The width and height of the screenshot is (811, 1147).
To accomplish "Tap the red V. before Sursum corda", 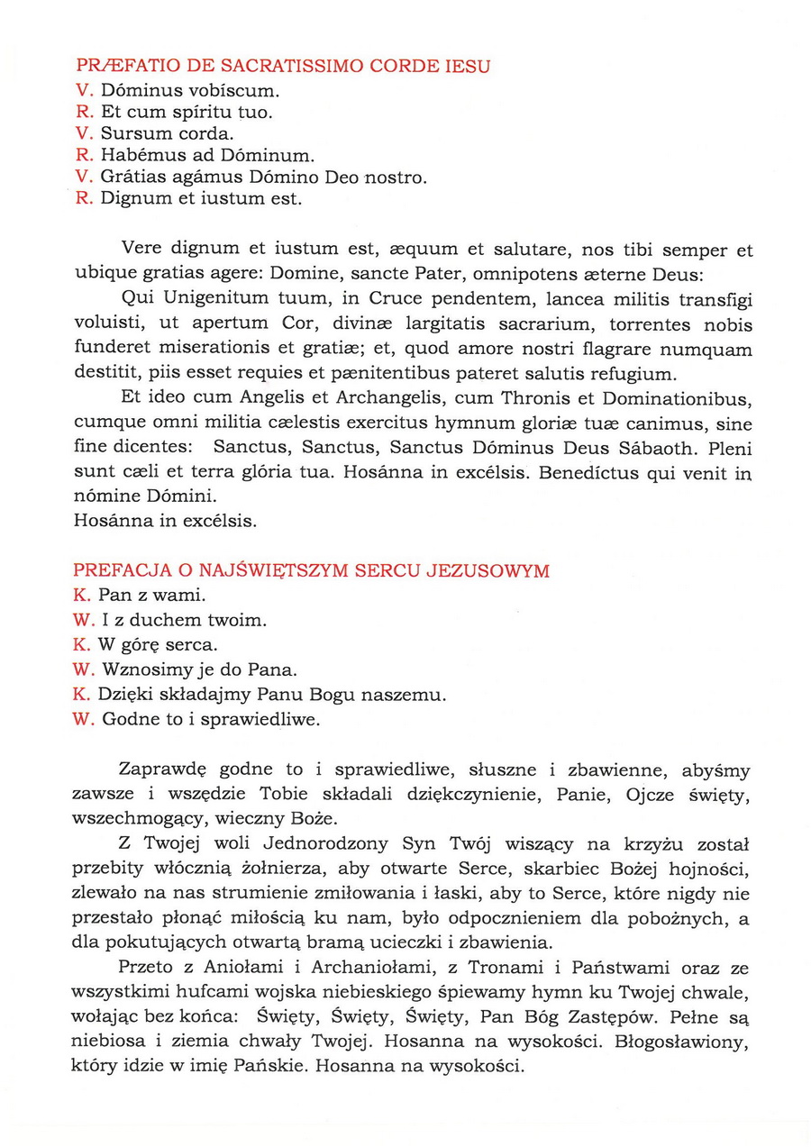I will [x=82, y=134].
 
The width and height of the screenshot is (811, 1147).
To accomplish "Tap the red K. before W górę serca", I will [x=82, y=645].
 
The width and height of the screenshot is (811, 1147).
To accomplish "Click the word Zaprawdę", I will [x=163, y=770].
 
